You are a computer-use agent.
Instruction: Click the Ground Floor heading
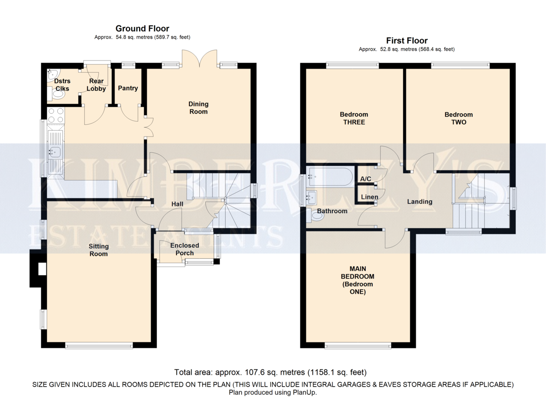pos(142,29)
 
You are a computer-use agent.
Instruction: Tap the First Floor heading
pos(407,40)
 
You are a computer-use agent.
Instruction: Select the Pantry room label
pos(128,88)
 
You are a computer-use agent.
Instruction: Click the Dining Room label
pos(198,108)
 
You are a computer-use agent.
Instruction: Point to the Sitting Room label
pos(98,250)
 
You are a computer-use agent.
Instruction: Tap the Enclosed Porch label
pos(185,249)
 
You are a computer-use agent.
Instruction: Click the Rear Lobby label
pos(96,85)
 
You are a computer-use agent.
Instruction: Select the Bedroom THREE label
pos(354,118)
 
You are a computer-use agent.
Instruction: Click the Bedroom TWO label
pos(459,118)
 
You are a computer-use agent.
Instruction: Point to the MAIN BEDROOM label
pos(358,280)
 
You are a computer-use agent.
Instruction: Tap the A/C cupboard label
pos(366,179)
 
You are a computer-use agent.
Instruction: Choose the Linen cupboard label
pos(369,197)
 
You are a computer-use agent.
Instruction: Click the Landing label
pos(420,201)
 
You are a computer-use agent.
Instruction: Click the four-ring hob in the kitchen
pos(56,115)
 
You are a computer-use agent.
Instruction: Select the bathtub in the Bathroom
pos(330,176)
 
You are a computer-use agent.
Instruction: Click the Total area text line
pos(270,372)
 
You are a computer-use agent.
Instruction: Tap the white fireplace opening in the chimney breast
pos(42,269)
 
